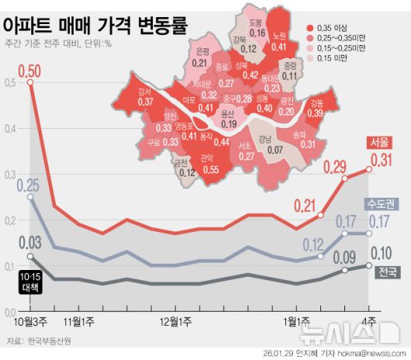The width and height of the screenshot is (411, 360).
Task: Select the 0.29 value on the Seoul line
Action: pyautogui.click(x=334, y=166)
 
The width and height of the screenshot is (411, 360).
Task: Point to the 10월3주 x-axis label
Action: pyautogui.click(x=29, y=320)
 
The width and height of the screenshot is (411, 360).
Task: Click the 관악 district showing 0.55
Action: pyautogui.click(x=209, y=164)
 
